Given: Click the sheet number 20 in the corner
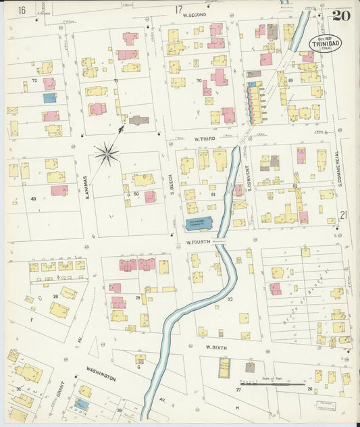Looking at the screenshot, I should point(342,14).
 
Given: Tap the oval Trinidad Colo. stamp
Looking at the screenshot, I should point(325,44).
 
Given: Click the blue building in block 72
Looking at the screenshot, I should point(50,98).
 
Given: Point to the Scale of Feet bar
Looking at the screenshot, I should point(276,384).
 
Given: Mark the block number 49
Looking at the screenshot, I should point(33,199).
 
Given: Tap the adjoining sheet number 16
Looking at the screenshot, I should point(22,9).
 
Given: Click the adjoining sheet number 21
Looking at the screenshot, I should point(344,215).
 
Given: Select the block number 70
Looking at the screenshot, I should point(199,81).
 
